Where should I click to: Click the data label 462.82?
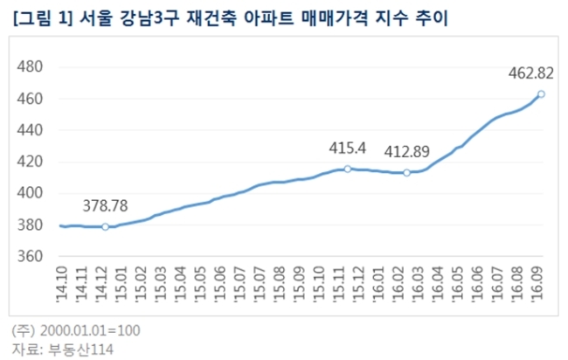tap(530, 73)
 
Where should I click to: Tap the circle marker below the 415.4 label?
tap(348, 169)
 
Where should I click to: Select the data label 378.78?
tap(105, 205)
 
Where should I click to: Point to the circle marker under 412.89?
tap(407, 173)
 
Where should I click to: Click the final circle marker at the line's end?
tap(541, 94)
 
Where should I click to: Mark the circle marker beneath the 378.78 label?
tap(105, 226)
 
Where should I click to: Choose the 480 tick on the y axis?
tap(30, 66)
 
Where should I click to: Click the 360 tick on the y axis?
tap(30, 256)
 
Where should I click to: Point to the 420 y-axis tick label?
tap(30, 162)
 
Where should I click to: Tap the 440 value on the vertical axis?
tap(30, 130)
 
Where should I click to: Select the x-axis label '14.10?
tap(62, 284)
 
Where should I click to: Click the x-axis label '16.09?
tap(537, 284)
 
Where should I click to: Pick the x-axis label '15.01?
tap(121, 284)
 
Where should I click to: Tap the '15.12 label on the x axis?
tap(359, 284)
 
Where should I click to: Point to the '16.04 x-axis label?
tap(439, 284)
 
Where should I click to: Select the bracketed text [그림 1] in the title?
tap(43, 19)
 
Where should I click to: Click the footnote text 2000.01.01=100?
tap(90, 330)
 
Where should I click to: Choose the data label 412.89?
tap(407, 152)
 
